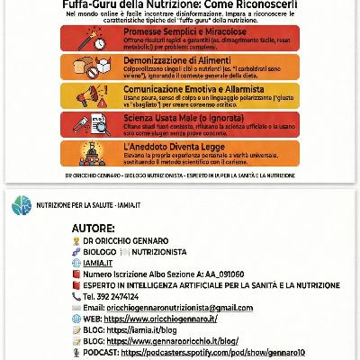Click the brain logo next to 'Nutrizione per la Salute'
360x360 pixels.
(x=15, y=208)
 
